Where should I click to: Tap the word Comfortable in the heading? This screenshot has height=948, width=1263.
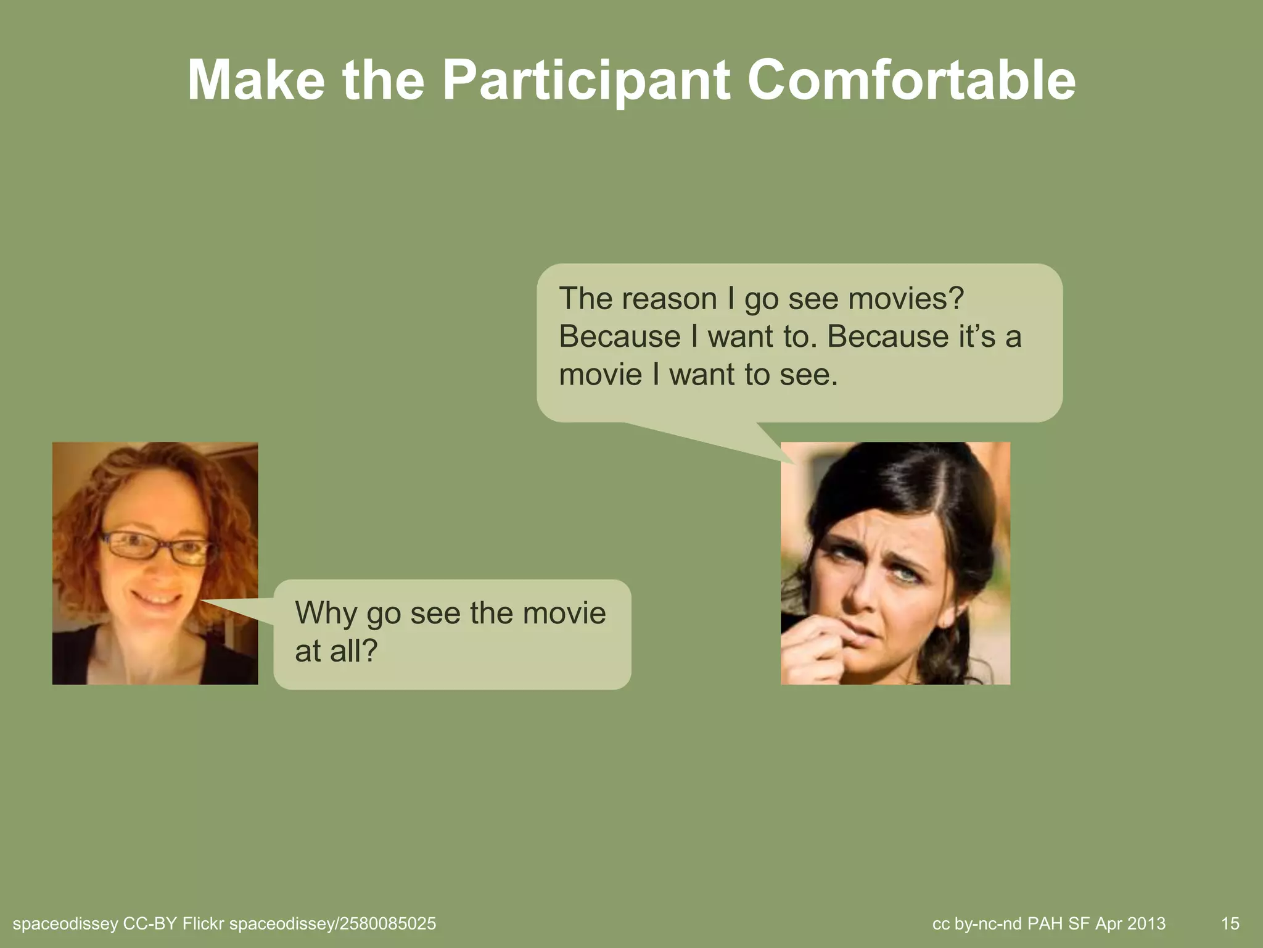911,81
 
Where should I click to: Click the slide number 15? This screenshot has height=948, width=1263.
1230,923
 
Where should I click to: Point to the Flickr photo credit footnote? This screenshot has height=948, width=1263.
224,923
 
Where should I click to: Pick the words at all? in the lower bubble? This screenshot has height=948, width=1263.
335,651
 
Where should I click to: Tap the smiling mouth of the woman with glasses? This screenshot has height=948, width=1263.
155,599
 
